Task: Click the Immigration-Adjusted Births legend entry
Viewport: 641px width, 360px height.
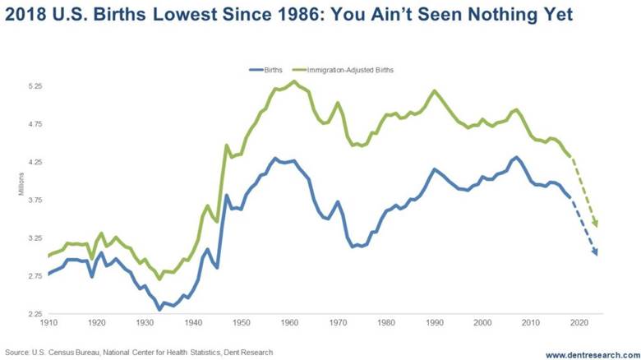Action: coord(349,70)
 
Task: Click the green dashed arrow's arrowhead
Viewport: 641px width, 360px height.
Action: coord(596,224)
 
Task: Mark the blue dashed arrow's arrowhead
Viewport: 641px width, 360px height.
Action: coord(595,252)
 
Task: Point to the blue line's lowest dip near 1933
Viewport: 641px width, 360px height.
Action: coord(159,309)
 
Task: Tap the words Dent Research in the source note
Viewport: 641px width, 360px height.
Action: coord(251,352)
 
